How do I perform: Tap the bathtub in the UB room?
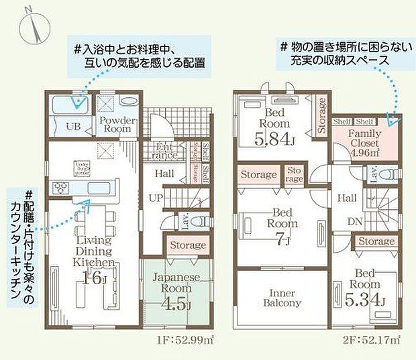coord(71,103)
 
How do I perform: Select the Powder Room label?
coord(118,125)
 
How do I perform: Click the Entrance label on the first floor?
coord(166,152)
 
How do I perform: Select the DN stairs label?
coord(356,222)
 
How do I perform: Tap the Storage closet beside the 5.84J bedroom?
coord(321,116)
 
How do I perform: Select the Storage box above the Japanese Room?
coord(187,245)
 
